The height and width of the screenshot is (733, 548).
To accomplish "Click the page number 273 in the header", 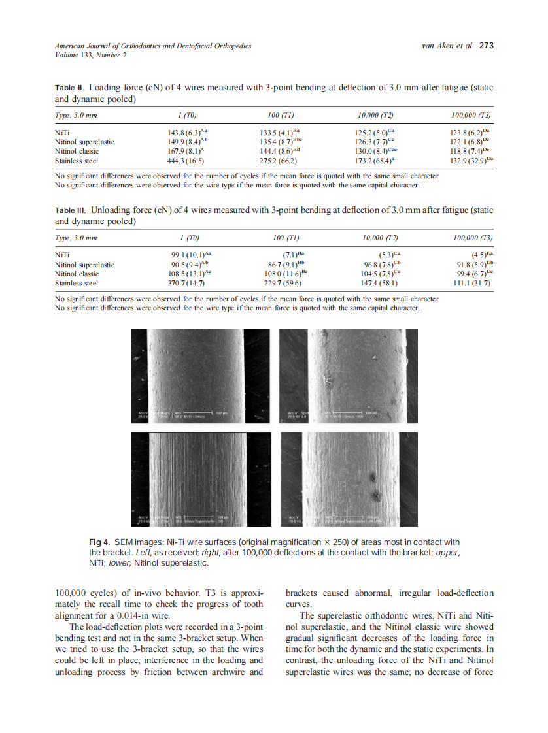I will [x=487, y=46].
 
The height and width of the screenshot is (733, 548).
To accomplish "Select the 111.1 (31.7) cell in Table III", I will [x=470, y=284].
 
